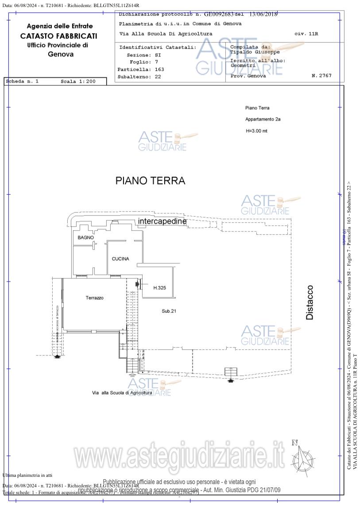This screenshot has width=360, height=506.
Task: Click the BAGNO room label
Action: (85, 238)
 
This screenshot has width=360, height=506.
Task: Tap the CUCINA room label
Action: (120, 259)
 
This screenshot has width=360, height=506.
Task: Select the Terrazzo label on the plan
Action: (95, 298)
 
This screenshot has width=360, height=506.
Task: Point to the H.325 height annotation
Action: (159, 288)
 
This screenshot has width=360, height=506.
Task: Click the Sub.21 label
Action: (169, 311)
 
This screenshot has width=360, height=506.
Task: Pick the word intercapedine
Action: (162, 221)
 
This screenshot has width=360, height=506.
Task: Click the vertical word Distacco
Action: (310, 302)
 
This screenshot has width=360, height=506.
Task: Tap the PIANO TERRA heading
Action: (150, 181)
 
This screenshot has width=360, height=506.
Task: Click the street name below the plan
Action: (122, 393)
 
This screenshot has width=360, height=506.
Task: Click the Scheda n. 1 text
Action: (23, 81)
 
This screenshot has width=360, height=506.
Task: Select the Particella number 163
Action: (159, 70)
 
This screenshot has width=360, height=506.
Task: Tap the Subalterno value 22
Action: (158, 77)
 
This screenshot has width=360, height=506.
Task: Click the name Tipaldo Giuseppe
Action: (255, 52)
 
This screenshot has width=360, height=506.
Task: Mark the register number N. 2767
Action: (321, 76)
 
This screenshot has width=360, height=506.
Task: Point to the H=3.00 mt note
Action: (256, 131)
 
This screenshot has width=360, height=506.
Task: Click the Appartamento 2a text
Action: (263, 120)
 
